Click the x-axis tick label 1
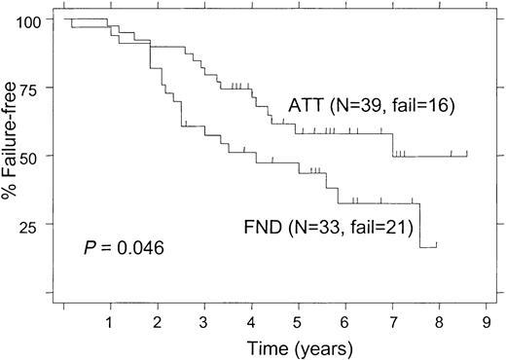(110, 319)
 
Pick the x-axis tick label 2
(157, 319)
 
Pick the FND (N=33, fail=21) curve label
(329, 230)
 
